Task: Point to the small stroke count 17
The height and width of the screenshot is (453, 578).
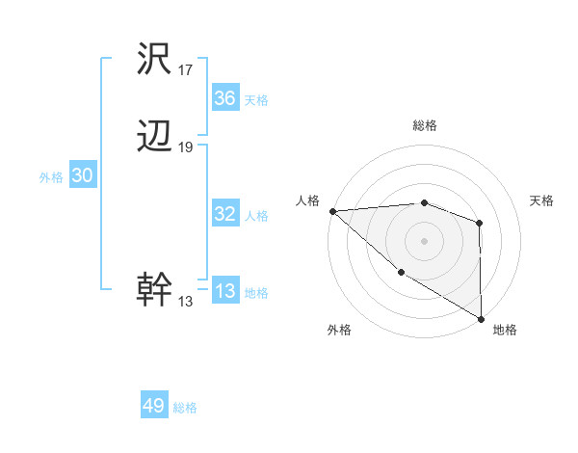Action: (x=186, y=69)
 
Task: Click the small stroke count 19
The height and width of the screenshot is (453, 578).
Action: (x=186, y=147)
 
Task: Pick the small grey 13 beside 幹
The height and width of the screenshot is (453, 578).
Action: (x=185, y=301)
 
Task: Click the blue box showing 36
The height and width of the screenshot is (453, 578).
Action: (x=225, y=98)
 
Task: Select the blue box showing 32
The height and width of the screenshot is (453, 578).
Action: (x=225, y=214)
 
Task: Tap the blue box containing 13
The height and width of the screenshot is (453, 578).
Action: (x=225, y=291)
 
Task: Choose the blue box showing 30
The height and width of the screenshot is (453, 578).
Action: (x=82, y=175)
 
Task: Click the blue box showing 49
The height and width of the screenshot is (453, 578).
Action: (x=154, y=406)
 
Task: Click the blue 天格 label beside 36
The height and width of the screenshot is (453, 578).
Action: (x=256, y=100)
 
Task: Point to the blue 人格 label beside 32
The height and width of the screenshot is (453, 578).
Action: (x=256, y=216)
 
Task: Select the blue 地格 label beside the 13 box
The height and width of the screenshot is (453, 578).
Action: (x=256, y=293)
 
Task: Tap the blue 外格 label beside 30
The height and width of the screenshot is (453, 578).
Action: (x=51, y=177)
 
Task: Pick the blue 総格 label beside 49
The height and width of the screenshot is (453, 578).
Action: (x=185, y=408)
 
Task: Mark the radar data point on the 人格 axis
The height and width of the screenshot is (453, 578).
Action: (x=332, y=210)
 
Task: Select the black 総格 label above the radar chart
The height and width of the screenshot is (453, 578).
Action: (x=424, y=125)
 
